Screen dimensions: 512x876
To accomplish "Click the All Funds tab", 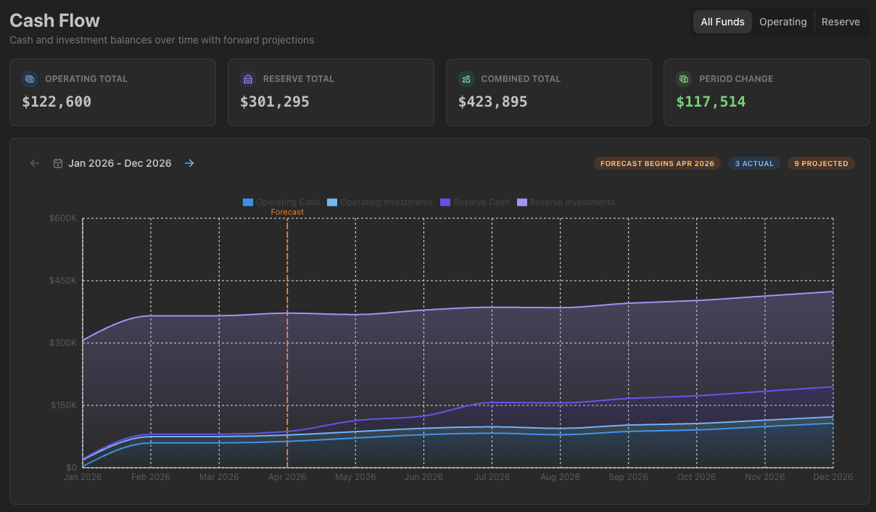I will (x=722, y=22).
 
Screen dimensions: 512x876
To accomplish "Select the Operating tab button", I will (x=782, y=22).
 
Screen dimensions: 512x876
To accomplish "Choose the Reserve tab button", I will (x=840, y=22).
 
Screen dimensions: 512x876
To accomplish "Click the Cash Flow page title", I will (x=55, y=20).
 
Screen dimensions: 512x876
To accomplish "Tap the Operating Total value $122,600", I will (x=57, y=102).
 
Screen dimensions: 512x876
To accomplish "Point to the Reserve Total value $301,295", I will (x=275, y=102).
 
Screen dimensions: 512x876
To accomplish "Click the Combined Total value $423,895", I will (x=493, y=102).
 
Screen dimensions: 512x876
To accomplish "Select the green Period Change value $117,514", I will (x=711, y=102).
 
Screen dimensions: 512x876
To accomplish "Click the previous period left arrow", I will (x=35, y=163).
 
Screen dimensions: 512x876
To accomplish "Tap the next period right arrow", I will (x=189, y=163).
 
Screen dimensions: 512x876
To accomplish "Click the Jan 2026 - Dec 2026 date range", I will (x=120, y=163).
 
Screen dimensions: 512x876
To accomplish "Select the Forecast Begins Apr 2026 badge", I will (x=657, y=163).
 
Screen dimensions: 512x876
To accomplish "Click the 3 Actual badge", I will (x=754, y=163).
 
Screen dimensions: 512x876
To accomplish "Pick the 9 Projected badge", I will (x=821, y=163).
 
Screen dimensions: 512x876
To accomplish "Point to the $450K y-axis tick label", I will (x=63, y=281).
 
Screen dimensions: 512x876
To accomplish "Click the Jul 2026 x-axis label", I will (x=492, y=477).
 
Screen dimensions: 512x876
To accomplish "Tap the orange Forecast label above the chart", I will (x=287, y=212).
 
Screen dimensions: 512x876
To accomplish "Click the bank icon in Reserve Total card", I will (x=248, y=79).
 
